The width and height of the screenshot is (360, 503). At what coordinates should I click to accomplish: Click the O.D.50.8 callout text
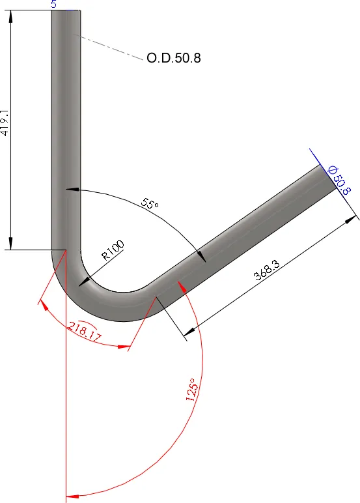click(x=173, y=59)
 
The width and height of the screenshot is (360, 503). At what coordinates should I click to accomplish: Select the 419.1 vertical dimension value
click(x=5, y=122)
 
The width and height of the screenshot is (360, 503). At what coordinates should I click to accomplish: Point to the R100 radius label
click(x=112, y=250)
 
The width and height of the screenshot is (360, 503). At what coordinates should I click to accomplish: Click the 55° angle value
click(x=150, y=204)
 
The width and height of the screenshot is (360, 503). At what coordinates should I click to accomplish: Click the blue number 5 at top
click(x=53, y=4)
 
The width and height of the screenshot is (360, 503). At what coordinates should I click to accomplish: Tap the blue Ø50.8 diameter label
click(x=340, y=180)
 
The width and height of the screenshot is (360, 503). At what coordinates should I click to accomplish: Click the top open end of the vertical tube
click(x=66, y=12)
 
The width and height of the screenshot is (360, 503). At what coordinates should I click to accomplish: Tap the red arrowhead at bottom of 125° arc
click(x=74, y=496)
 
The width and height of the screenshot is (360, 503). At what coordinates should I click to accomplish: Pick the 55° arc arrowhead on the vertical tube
click(x=71, y=190)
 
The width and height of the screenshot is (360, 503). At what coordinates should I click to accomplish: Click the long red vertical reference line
click(x=66, y=391)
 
